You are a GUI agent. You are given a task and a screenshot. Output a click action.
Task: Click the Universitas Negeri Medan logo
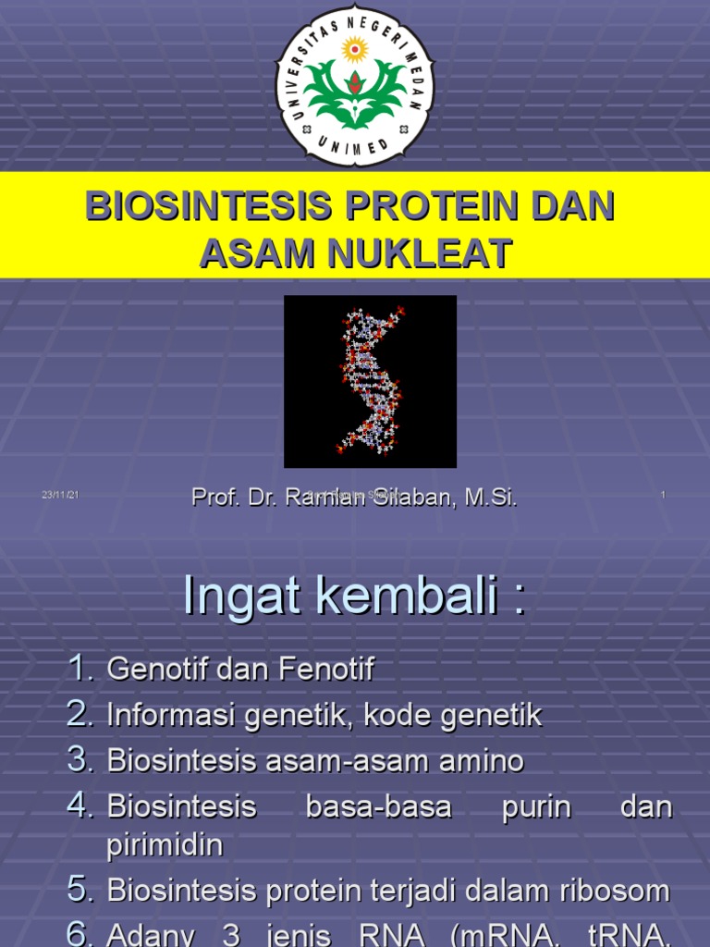(355, 86)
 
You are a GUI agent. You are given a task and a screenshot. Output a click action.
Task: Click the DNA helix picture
(370, 381)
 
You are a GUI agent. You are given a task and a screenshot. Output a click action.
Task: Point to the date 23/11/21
(61, 496)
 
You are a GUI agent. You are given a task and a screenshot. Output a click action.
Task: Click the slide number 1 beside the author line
(663, 496)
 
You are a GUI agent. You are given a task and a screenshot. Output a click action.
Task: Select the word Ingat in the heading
(236, 596)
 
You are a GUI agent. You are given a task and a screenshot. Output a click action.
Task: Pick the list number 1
(81, 669)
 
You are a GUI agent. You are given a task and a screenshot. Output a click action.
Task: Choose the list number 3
(81, 760)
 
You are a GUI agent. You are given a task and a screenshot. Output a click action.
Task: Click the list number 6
(81, 934)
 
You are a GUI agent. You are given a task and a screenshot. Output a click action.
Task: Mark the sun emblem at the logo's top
(355, 48)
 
